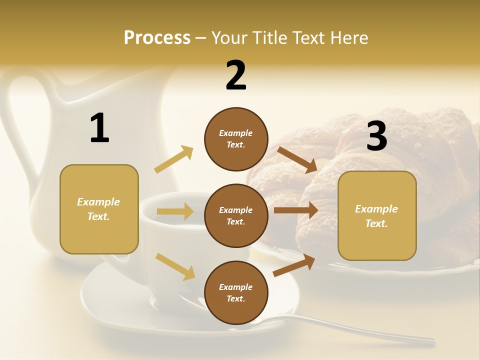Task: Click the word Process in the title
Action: click(157, 37)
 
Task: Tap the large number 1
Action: click(99, 128)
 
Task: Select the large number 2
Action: click(236, 75)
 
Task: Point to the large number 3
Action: click(376, 136)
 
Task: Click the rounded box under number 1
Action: click(99, 209)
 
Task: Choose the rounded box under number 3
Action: click(377, 215)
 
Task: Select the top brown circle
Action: click(236, 138)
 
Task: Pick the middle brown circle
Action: click(236, 215)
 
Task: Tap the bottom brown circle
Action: click(236, 292)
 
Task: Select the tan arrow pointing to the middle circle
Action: click(175, 211)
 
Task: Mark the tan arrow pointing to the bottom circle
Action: click(175, 266)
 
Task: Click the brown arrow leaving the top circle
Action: click(297, 159)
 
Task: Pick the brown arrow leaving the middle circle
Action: click(296, 210)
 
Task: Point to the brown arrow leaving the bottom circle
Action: click(294, 265)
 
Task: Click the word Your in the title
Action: click(228, 37)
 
